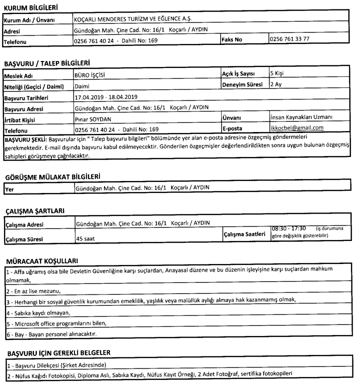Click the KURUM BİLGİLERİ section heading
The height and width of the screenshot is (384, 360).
tap(30, 8)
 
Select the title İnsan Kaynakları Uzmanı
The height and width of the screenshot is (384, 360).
tap(301, 117)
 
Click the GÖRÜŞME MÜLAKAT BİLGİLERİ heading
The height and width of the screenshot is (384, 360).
tap(52, 177)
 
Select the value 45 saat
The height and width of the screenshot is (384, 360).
tap(85, 239)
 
